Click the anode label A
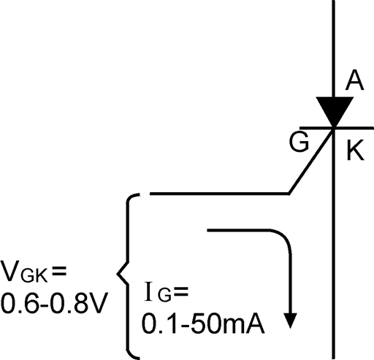point(354,80)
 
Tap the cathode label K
point(356,150)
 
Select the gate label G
point(299,142)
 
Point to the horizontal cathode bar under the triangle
point(337,128)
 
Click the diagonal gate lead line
point(311,161)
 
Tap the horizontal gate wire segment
point(220,194)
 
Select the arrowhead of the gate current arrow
point(291,321)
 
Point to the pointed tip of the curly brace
point(118,274)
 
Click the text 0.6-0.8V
point(54,304)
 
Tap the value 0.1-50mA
point(203,324)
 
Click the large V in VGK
point(11,271)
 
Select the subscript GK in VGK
point(34,276)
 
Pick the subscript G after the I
point(164,296)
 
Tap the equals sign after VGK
point(58,271)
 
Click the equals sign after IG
point(181,291)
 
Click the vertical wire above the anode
point(334,49)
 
